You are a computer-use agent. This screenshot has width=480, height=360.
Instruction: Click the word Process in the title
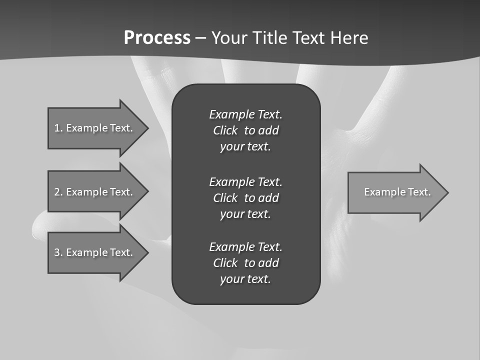point(157,38)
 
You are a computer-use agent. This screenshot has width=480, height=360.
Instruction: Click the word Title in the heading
point(269,38)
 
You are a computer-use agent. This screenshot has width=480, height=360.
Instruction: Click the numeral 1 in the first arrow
point(57,128)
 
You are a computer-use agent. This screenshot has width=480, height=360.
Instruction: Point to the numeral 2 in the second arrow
point(57,192)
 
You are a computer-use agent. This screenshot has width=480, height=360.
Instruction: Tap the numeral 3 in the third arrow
point(57,252)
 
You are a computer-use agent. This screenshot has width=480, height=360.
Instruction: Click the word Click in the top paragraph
point(225,131)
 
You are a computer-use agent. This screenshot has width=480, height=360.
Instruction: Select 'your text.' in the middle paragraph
point(245,214)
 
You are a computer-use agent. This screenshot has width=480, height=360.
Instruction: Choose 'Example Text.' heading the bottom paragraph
point(245,247)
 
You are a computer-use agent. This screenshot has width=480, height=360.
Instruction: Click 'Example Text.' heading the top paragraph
point(245,114)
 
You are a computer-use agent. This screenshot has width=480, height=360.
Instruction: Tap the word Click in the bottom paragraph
point(225,263)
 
